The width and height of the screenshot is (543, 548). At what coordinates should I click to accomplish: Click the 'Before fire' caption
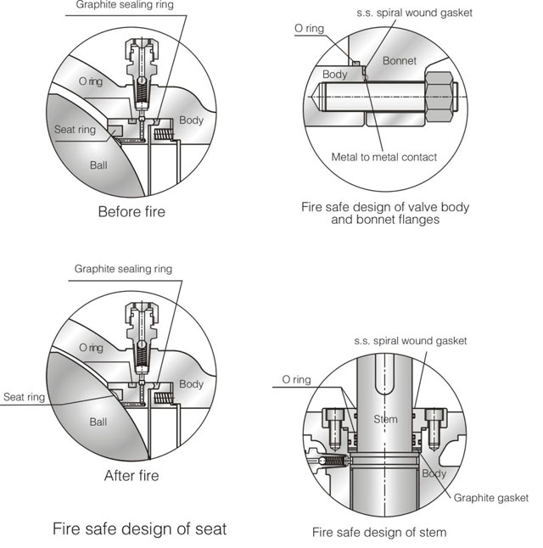[x=132, y=211]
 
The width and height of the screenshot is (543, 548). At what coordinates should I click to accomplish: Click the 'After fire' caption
[x=132, y=475]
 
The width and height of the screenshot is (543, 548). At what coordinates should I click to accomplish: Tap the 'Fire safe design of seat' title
[x=140, y=528]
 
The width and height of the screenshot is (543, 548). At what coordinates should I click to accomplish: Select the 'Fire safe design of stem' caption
[x=378, y=532]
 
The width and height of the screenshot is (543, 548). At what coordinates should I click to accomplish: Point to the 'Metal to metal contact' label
[x=383, y=157]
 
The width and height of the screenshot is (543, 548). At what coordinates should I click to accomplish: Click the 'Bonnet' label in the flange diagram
[x=400, y=60]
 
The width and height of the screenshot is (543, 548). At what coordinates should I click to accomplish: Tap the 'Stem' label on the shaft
[x=385, y=419]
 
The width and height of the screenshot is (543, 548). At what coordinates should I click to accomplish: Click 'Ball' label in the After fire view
[x=99, y=422]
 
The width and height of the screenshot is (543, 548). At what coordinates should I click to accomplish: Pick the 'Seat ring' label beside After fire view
[x=23, y=397]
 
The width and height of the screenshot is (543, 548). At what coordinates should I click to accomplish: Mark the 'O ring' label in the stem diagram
[x=290, y=380]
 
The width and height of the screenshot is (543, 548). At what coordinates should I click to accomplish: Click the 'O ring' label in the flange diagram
[x=309, y=28]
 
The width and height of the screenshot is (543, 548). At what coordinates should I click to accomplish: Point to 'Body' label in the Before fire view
[x=191, y=120]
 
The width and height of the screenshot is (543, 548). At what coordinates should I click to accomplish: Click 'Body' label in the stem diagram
[x=434, y=473]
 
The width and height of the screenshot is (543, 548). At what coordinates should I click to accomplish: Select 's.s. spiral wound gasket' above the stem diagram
[x=411, y=341]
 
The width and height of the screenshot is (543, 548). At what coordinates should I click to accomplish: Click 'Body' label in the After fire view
[x=191, y=384]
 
